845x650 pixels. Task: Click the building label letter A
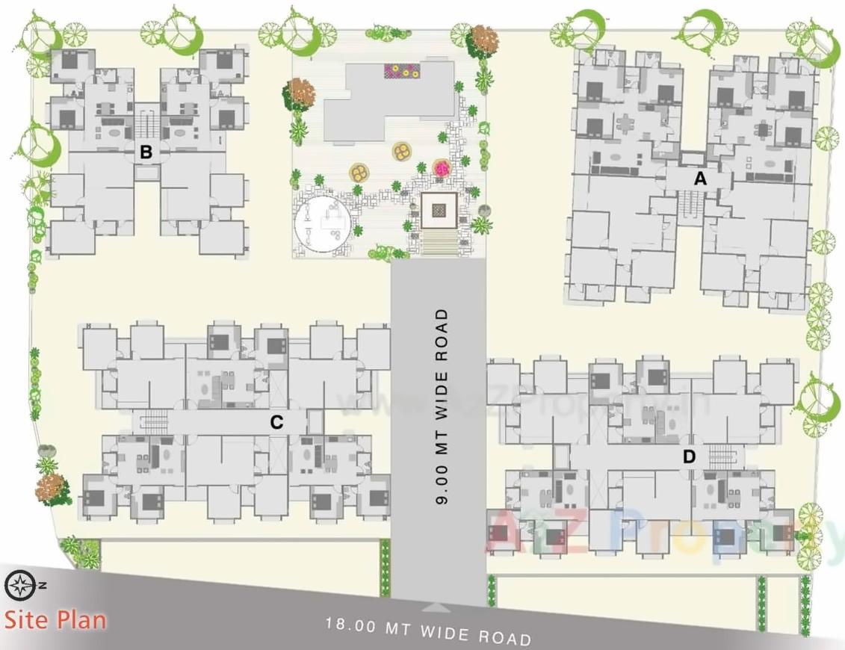coord(700,179)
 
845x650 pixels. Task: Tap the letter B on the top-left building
coord(146,152)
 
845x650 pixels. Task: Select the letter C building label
coord(276,422)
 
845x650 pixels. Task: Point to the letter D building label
coord(689,456)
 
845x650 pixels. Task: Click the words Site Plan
coord(56,620)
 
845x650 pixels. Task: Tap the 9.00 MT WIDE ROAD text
coord(442,407)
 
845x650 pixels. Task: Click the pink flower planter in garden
coord(442,169)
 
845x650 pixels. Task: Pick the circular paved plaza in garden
coord(322,223)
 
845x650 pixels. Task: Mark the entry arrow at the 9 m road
coord(439,607)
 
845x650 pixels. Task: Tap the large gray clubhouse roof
coord(389,97)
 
